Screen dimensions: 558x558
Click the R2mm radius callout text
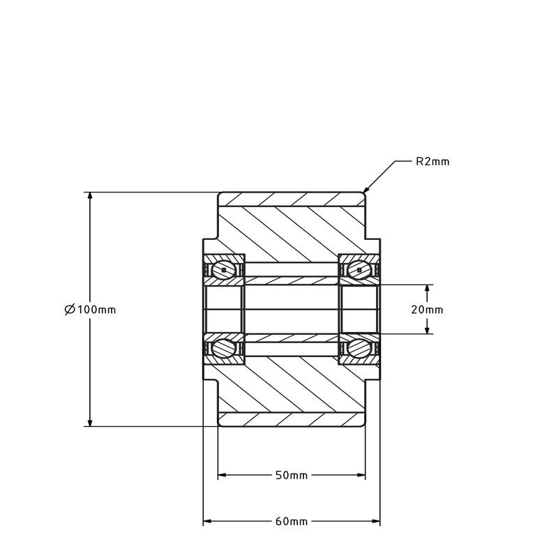(432, 162)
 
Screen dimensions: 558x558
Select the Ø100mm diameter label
(91, 310)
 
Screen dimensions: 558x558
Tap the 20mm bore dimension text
(427, 310)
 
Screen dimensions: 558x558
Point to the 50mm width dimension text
(292, 476)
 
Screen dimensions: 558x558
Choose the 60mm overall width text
(292, 522)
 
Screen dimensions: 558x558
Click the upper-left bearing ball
(223, 270)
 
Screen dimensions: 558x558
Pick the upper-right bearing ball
(359, 270)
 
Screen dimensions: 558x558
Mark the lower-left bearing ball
(223, 348)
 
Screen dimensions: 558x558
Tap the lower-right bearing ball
(359, 348)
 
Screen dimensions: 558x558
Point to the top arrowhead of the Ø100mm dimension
(90, 197)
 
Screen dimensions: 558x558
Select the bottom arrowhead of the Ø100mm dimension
(90, 422)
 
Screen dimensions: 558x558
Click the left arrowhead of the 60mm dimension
(207, 521)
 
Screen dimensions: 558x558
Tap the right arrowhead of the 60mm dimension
(375, 521)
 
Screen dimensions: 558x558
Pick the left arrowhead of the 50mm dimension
(223, 475)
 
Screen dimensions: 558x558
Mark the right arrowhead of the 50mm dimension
(361, 475)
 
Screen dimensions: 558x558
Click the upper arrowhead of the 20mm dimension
(428, 289)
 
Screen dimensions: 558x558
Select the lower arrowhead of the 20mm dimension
(428, 329)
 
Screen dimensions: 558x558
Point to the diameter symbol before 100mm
(70, 310)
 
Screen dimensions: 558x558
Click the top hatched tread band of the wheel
(292, 199)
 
